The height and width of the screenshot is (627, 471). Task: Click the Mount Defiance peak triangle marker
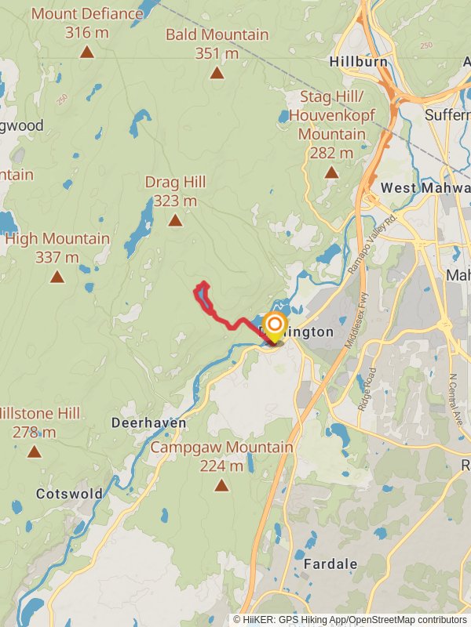(x=87, y=53)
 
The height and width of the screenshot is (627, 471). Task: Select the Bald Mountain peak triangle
(x=217, y=74)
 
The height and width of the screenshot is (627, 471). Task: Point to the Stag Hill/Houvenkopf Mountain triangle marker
(x=331, y=172)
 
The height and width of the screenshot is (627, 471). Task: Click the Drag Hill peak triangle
(x=175, y=220)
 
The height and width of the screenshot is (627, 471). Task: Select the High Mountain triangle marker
(x=57, y=277)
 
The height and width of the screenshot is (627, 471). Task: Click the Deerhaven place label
(x=148, y=423)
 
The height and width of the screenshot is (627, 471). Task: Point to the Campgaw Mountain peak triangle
(x=221, y=486)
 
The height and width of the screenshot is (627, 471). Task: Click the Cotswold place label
(x=69, y=494)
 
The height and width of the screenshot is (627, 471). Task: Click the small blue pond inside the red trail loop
(x=203, y=297)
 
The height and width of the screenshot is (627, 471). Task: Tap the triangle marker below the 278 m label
(x=34, y=451)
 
